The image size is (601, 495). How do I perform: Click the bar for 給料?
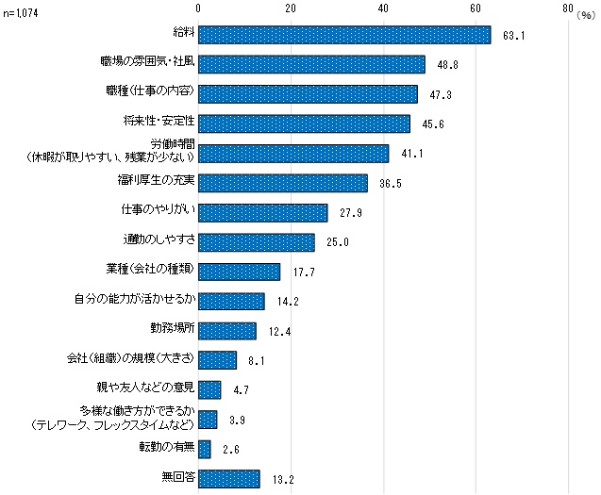point(344,35)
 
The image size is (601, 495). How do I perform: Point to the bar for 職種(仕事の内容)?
point(308,93)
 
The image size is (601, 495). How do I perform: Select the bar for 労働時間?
point(293,153)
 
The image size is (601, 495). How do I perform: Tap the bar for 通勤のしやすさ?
point(256,241)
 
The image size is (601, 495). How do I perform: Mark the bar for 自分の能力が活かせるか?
point(231,301)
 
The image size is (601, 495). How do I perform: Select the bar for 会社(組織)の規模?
point(217,359)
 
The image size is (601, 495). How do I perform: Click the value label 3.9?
point(237,420)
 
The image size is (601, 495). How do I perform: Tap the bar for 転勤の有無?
point(204,449)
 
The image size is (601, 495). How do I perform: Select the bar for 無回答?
point(228,478)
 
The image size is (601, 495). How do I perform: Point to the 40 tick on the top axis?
point(382,8)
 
